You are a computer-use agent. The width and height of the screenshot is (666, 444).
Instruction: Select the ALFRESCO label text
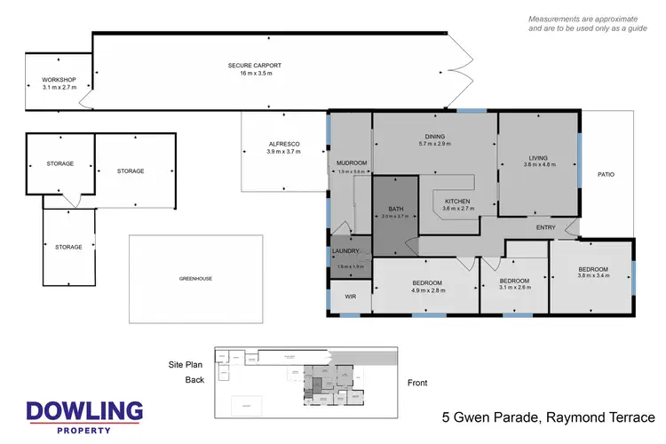284,144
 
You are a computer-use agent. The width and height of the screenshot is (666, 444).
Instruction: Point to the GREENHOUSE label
195,278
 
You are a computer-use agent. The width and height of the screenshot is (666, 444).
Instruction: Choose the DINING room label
434,136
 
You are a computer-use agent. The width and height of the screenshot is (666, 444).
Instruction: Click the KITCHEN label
457,202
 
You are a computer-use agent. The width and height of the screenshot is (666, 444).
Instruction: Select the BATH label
395,209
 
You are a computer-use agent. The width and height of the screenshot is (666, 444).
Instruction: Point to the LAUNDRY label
345,251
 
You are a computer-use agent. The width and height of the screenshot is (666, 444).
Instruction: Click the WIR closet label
350,297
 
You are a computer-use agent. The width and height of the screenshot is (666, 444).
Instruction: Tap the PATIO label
606,174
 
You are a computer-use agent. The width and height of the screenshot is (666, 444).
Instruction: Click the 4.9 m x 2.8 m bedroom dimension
426,290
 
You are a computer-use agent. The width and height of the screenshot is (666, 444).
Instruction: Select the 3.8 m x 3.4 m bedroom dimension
593,276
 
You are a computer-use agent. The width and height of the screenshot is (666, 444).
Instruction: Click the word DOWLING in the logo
84,411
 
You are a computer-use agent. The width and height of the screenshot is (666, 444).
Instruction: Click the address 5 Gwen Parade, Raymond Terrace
548,417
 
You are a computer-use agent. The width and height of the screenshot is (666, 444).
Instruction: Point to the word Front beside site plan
417,383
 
